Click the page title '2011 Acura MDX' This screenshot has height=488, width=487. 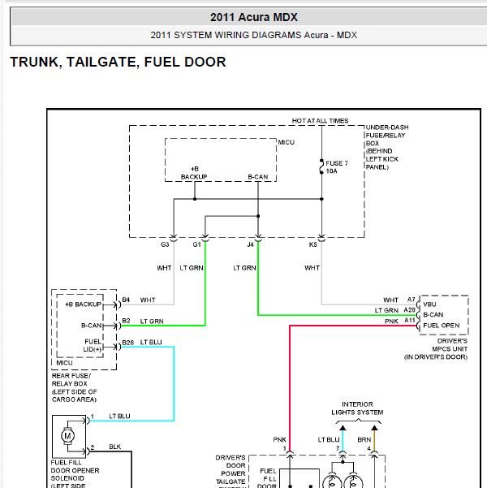point(253,17)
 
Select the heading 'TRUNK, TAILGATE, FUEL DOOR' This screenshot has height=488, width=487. point(118,62)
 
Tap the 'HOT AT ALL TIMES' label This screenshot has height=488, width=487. point(320,121)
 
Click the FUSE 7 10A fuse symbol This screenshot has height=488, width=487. point(321,166)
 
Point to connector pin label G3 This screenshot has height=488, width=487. point(165,244)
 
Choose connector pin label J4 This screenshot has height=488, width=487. point(251,244)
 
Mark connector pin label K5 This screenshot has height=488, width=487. point(312,244)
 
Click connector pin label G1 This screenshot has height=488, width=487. point(196,244)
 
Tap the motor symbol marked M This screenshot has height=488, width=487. point(67,436)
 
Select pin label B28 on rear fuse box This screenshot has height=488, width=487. point(128,343)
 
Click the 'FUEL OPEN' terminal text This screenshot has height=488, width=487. point(442,326)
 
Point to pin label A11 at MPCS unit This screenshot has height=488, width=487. point(410,320)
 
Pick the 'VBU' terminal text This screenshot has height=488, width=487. point(429,304)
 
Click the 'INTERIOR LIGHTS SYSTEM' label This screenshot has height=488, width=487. point(357,408)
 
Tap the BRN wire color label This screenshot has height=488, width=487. point(364,440)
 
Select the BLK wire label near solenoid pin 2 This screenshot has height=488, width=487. point(114,447)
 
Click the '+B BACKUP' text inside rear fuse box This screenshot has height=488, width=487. point(84,304)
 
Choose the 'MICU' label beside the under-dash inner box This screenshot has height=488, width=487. point(286,143)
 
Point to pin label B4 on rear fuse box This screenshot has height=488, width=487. point(126,300)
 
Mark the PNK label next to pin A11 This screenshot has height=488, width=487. point(391,322)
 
